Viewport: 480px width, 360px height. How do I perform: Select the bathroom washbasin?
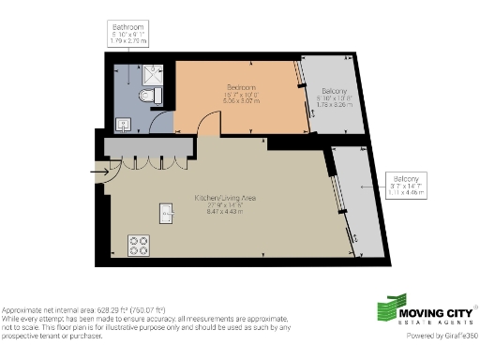click(125, 123)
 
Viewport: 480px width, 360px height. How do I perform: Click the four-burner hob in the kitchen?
click(140, 246)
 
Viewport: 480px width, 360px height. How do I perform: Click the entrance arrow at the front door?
click(97, 172)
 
